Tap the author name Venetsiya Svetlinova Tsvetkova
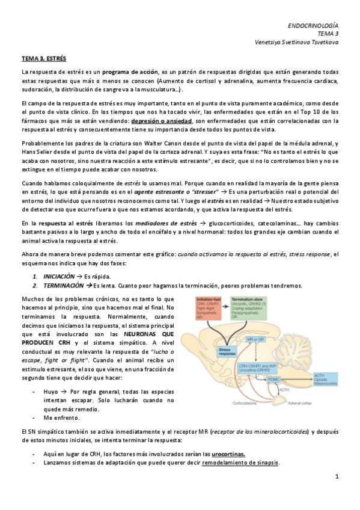click(x=299, y=43)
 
